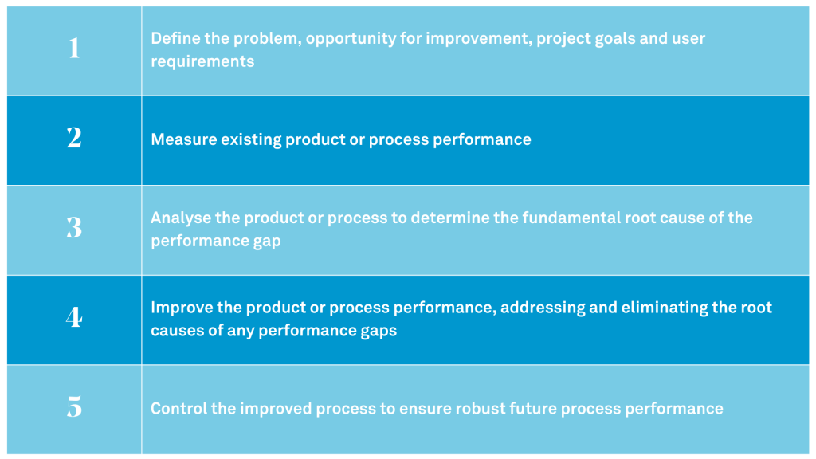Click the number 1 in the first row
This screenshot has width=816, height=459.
pos(74,49)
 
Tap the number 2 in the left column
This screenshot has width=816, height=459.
pos(74,139)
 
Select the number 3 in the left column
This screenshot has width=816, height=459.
pos(74,229)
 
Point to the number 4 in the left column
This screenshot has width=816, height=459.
pos(74,318)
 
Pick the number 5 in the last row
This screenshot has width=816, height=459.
pos(74,408)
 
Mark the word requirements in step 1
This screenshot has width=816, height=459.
pos(202,61)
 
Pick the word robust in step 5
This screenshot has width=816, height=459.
pos(482,409)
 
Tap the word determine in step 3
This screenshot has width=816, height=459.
pos(461,218)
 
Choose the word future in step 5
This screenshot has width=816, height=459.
pos(537,409)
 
